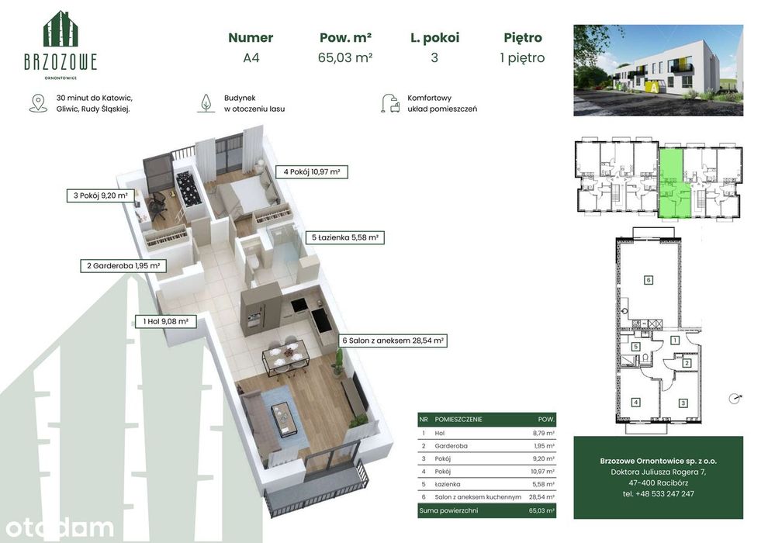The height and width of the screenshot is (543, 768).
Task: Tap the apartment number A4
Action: (x=251, y=57)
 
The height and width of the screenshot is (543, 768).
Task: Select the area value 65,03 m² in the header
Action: (x=345, y=57)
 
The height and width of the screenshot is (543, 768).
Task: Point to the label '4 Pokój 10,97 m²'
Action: (x=312, y=172)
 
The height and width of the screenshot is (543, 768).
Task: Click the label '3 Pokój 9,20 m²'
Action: (x=100, y=195)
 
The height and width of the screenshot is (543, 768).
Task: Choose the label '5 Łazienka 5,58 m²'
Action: (x=344, y=237)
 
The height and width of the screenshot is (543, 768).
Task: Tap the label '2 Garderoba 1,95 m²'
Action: (x=123, y=266)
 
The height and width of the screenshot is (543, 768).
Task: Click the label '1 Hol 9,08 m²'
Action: (x=165, y=321)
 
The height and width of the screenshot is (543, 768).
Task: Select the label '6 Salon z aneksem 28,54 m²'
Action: (x=393, y=341)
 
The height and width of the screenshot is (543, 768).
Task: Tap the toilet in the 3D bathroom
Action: (x=254, y=260)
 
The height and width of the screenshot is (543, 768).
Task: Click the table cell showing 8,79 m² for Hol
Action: (x=543, y=433)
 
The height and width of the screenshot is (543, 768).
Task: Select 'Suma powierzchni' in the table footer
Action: (x=448, y=510)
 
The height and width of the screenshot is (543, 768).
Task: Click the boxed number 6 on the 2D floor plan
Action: (x=649, y=280)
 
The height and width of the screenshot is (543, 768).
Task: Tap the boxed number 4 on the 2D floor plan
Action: (x=636, y=403)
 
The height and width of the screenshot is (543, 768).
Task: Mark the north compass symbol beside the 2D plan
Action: (x=735, y=399)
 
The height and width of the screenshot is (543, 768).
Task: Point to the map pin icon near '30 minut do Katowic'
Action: (x=38, y=103)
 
